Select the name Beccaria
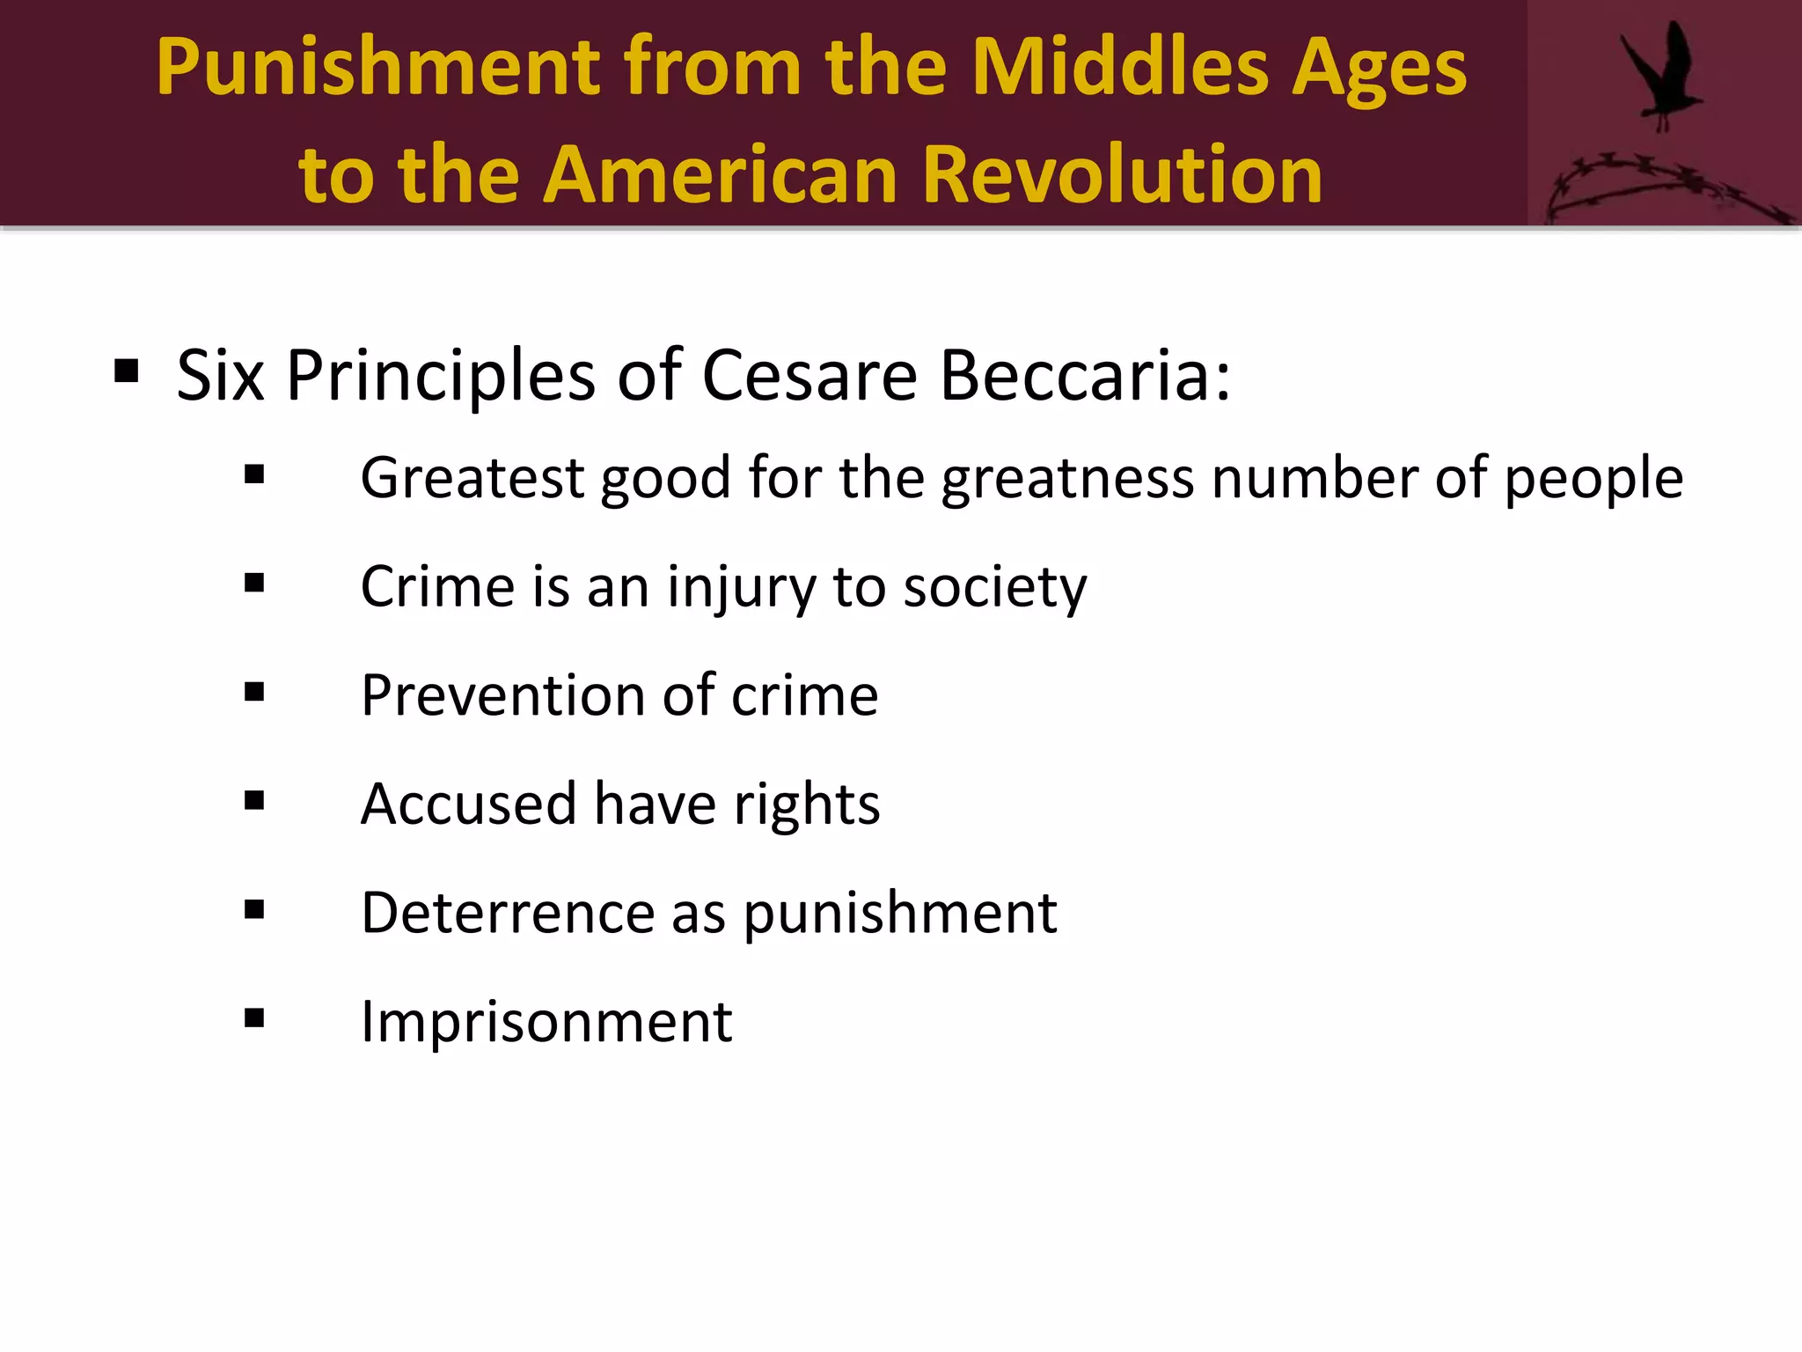1084,376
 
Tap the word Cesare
809,376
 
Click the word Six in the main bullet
220,376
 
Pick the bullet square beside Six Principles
127,372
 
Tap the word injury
741,588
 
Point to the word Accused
468,805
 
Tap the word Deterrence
508,913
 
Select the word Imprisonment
546,1022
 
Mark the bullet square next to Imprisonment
254,1018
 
